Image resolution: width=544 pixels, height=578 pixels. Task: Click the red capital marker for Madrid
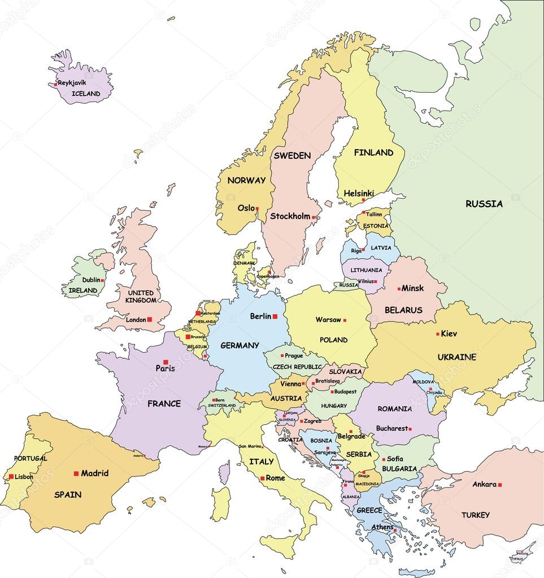[76, 473]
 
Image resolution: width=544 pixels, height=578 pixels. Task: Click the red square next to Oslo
[257, 208]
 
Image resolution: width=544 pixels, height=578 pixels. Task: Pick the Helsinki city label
[359, 193]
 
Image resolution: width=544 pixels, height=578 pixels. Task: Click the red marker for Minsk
[399, 288]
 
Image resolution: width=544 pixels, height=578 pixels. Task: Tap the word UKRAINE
[456, 357]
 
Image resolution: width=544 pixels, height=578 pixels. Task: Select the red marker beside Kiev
[437, 333]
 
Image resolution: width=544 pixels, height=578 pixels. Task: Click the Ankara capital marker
[500, 485]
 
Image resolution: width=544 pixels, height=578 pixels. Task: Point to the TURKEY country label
[475, 515]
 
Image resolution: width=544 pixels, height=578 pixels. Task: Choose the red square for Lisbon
[11, 476]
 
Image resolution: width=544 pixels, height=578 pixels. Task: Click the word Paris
[165, 368]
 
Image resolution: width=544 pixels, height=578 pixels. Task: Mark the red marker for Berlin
[275, 316]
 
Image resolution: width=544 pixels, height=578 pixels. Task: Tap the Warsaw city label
[328, 320]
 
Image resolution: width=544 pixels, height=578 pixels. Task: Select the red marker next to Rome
[262, 479]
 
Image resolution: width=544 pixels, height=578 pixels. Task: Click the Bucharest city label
[391, 428]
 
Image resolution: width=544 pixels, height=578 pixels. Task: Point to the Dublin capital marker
[102, 280]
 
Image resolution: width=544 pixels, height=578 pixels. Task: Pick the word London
[136, 320]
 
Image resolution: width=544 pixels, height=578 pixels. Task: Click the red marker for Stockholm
[313, 217]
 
